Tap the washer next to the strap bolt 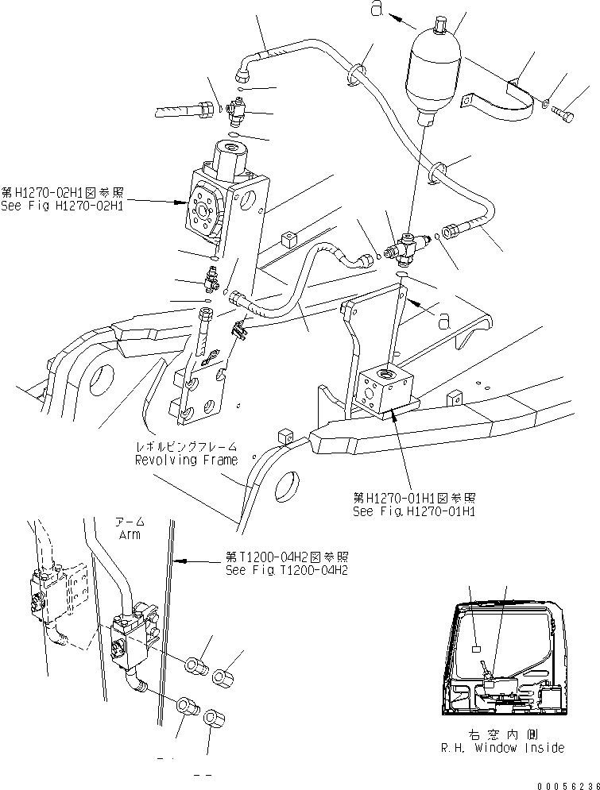tap(546, 103)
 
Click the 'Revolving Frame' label tap(186, 460)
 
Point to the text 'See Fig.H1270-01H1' tap(414, 511)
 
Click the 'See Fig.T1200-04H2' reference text tap(286, 570)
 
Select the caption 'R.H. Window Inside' tap(502, 747)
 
